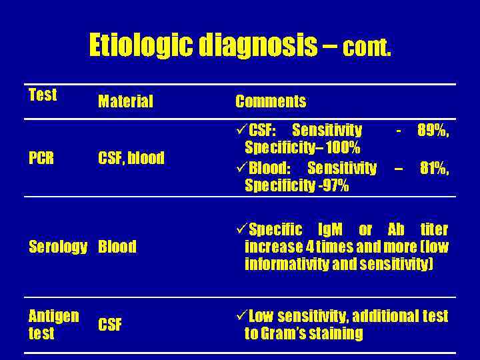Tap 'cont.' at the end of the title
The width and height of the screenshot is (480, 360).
point(367,47)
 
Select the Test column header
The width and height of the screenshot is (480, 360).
point(43,95)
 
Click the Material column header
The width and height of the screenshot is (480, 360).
point(125,101)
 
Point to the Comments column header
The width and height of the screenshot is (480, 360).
point(270,101)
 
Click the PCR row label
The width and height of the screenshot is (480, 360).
point(42,158)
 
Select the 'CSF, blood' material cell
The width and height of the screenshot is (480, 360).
point(131,158)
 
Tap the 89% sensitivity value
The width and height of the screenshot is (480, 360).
point(432,129)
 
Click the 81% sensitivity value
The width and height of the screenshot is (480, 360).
point(434,168)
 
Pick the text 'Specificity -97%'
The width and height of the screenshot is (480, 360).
point(296,185)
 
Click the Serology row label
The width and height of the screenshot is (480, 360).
point(58,247)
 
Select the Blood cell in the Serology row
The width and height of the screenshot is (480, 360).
point(117,247)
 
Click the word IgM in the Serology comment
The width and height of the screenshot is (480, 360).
point(331,229)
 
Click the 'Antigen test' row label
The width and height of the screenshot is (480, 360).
point(53,324)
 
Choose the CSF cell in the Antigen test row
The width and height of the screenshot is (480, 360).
point(110,325)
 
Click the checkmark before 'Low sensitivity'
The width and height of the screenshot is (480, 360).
point(241,315)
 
